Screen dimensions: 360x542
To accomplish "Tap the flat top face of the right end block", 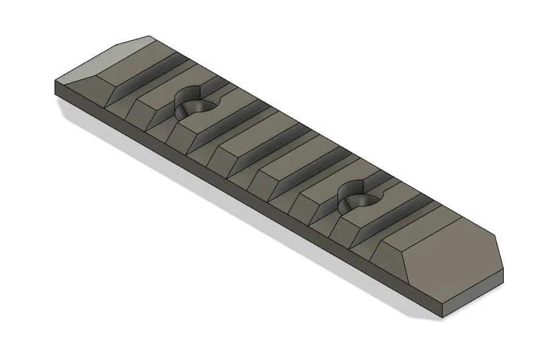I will point(452,255).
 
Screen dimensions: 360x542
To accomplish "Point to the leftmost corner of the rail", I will point(55,81).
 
